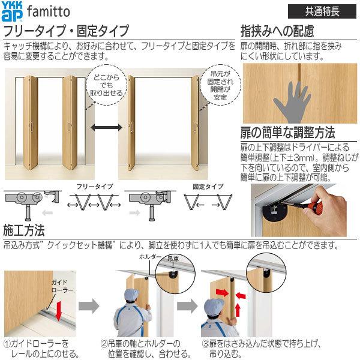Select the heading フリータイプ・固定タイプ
(67, 31)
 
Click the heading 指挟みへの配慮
(277, 31)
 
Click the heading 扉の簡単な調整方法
(288, 133)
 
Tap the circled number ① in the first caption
(7, 344)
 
